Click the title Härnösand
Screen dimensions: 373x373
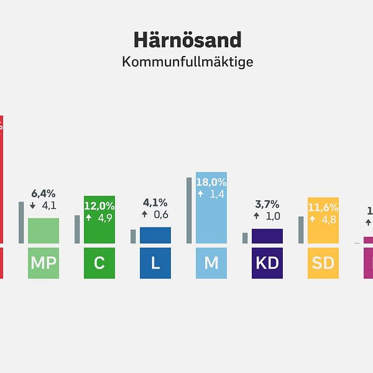[x=187, y=40]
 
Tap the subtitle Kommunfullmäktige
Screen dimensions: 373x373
[x=187, y=62]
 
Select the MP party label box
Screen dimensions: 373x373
[x=44, y=263]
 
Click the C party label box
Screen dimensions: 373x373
[x=99, y=263]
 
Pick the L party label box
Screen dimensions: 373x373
[x=155, y=263]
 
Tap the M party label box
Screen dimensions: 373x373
[x=211, y=263]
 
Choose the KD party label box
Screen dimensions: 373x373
[x=267, y=263]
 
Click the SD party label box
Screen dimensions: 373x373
[x=323, y=263]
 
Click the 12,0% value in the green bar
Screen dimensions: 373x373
[x=99, y=206]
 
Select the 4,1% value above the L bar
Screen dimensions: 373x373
[x=155, y=203]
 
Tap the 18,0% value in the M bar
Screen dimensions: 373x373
[x=211, y=183]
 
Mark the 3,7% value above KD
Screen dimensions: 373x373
[x=267, y=204]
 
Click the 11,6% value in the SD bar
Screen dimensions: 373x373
[x=323, y=206]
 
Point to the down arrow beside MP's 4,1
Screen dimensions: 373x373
[x=32, y=206]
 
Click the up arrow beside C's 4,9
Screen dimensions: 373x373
[x=88, y=218]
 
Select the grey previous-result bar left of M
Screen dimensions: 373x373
[x=189, y=210]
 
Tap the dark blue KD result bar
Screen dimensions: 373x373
[x=267, y=236]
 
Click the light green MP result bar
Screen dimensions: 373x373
[x=44, y=231]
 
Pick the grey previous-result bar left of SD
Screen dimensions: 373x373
[x=301, y=229]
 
